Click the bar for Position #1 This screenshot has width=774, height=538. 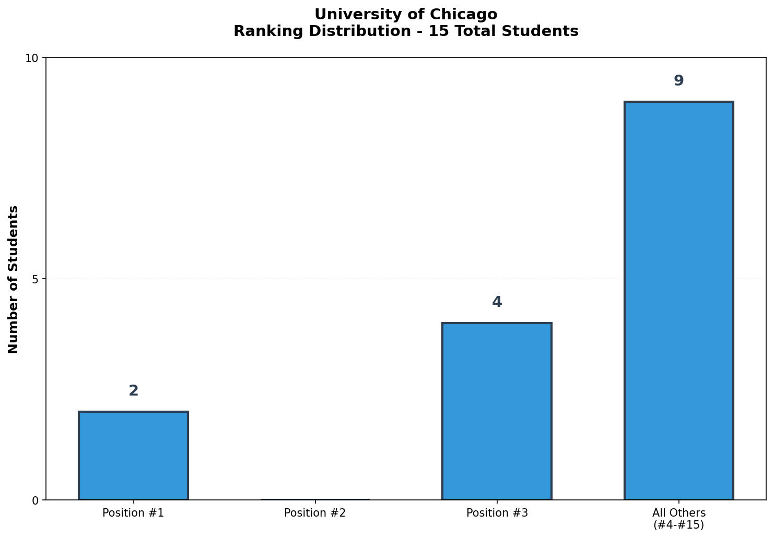[x=133, y=456]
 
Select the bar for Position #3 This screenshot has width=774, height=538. [x=497, y=411]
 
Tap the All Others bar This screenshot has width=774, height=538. [x=678, y=301]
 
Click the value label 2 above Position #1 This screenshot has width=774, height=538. [x=134, y=391]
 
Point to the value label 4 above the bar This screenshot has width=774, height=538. [x=497, y=302]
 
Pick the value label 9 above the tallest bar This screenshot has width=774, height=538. [x=678, y=81]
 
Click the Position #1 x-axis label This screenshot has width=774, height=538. [x=133, y=513]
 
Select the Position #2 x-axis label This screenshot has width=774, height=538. [x=315, y=513]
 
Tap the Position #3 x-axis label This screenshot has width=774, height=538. [x=497, y=513]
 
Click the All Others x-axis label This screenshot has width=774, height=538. [x=678, y=513]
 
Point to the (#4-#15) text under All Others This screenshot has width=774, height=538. [x=678, y=525]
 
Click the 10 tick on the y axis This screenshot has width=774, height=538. [x=32, y=58]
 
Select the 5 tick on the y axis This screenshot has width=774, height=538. [x=35, y=279]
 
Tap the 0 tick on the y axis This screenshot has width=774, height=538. [x=35, y=500]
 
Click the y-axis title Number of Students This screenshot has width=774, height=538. [x=14, y=279]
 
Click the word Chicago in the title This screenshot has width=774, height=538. [x=468, y=15]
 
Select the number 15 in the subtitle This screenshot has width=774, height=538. [x=436, y=31]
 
